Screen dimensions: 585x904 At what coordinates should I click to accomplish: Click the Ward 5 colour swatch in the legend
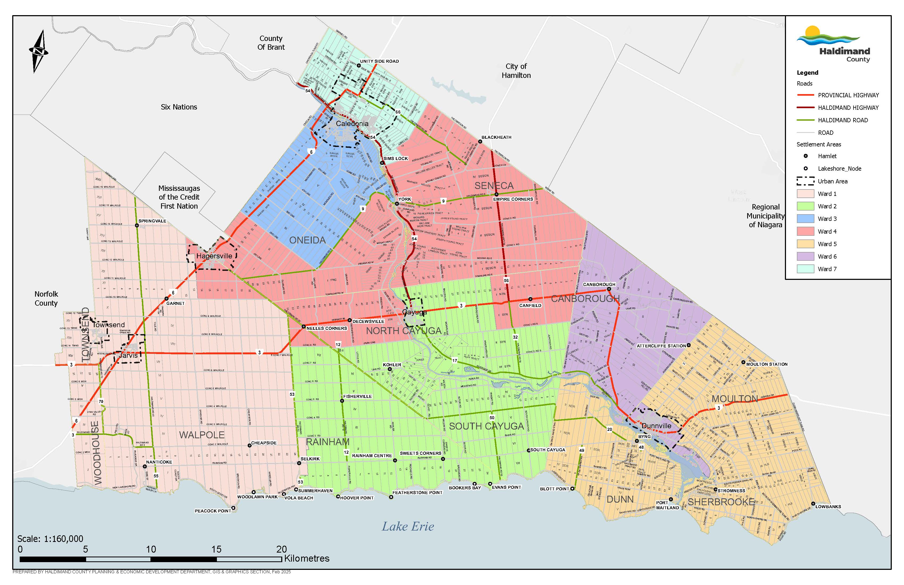pos(805,244)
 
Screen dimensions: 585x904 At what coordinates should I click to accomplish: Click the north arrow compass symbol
pos(38,51)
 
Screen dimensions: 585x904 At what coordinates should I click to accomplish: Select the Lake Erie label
pos(407,527)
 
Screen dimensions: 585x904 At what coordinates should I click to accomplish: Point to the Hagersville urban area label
pos(214,256)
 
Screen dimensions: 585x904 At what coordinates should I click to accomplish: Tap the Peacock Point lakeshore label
pos(213,511)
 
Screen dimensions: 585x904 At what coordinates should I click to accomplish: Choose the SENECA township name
pos(494,186)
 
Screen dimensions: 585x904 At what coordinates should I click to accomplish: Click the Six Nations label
pos(179,107)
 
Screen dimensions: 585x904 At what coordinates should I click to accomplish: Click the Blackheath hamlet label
pos(496,137)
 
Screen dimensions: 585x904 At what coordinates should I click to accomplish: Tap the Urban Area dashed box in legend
pos(805,181)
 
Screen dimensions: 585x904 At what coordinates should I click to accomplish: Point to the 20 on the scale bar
pos(281,549)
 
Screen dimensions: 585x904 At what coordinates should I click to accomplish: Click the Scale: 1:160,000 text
pos(50,539)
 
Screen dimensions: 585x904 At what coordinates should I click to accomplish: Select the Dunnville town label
pos(656,426)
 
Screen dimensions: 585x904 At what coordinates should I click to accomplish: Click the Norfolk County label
pos(46,298)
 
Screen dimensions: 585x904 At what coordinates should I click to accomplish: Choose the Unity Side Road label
pos(379,61)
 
